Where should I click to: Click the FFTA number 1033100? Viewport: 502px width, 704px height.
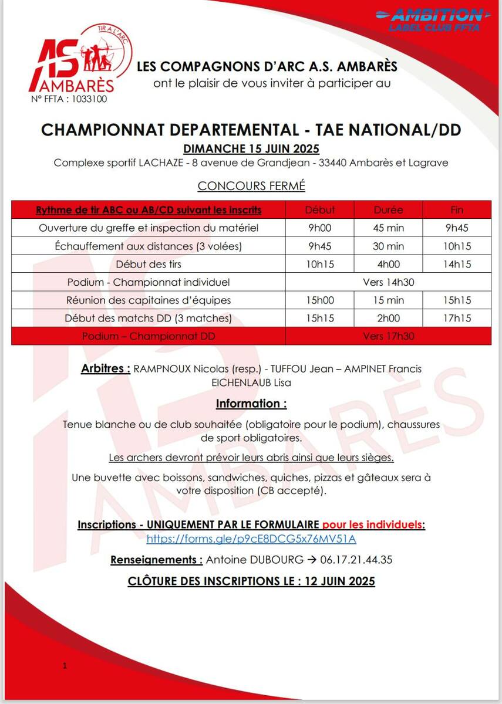pyautogui.click(x=69, y=99)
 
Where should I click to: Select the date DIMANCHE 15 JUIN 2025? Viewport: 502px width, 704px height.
pyautogui.click(x=251, y=148)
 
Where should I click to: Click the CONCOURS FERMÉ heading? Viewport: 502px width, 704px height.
pyautogui.click(x=251, y=186)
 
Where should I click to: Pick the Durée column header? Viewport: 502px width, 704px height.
pyautogui.click(x=389, y=209)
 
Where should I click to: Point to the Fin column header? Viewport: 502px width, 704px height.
pyautogui.click(x=457, y=209)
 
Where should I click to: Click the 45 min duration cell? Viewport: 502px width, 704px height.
pyautogui.click(x=389, y=228)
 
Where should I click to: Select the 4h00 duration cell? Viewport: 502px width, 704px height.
pyautogui.click(x=389, y=264)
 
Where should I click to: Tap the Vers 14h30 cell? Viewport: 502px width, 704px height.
pyautogui.click(x=389, y=282)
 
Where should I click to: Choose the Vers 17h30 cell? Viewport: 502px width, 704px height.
pyautogui.click(x=389, y=337)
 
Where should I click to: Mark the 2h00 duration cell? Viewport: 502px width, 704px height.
pyautogui.click(x=389, y=319)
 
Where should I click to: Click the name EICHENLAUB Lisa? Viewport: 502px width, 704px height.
pyautogui.click(x=251, y=383)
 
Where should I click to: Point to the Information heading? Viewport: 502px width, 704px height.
pyautogui.click(x=251, y=404)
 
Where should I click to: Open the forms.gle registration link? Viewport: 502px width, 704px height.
pyautogui.click(x=251, y=539)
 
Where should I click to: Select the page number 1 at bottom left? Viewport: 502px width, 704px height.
pyautogui.click(x=65, y=666)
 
